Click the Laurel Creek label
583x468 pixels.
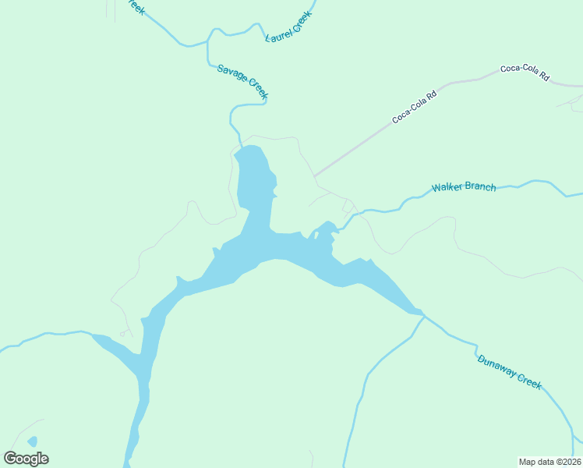point(288,27)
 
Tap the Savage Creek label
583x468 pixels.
point(243,81)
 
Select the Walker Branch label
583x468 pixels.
point(464,187)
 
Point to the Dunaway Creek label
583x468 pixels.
point(509,371)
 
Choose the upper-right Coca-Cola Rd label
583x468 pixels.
point(525,73)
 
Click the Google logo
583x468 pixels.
point(26,459)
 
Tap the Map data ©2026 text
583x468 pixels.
point(549,461)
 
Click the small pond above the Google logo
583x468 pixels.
point(32,442)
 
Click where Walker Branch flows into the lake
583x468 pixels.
point(337,228)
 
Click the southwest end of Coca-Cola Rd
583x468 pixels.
point(316,176)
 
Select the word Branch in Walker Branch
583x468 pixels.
point(479,187)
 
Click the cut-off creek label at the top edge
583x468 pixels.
point(136,7)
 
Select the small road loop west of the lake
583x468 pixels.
point(123,334)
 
